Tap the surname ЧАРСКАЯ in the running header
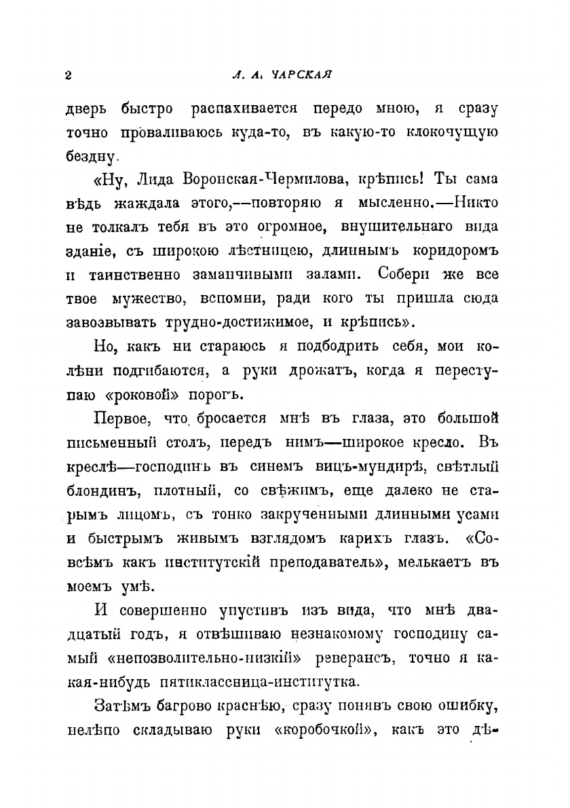pos(300,74)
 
